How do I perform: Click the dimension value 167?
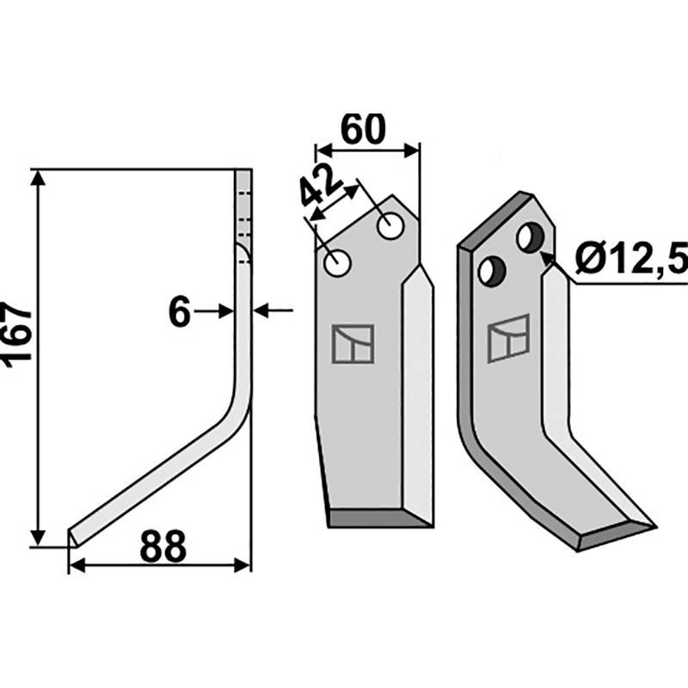pos(19,335)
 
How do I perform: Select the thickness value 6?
pos(179,313)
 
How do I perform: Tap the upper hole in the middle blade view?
pos(391,227)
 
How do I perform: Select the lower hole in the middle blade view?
pos(336,263)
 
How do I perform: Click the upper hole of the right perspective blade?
pos(531,236)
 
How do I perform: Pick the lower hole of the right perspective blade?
pos(491,271)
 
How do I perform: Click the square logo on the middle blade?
pos(353,344)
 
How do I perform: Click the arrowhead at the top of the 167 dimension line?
pos(37,177)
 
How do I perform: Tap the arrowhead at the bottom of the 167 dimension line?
pos(37,537)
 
